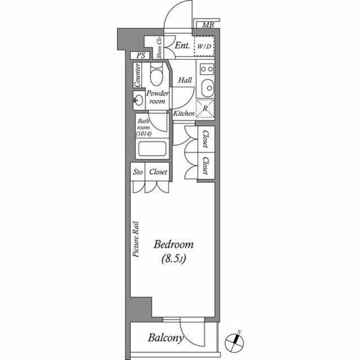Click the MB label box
click(208, 25)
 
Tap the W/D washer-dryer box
click(204, 47)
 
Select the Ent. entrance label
click(182, 46)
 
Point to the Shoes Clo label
click(160, 47)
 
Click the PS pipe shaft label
click(140, 56)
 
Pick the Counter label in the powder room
click(137, 75)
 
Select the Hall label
click(185, 80)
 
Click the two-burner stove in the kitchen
click(207, 70)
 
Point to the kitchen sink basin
click(207, 88)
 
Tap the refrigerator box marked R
click(204, 108)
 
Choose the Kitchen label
click(184, 114)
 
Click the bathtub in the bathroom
click(152, 149)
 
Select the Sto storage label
click(138, 172)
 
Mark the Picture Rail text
click(136, 239)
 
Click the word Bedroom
click(174, 245)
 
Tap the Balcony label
click(166, 338)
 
